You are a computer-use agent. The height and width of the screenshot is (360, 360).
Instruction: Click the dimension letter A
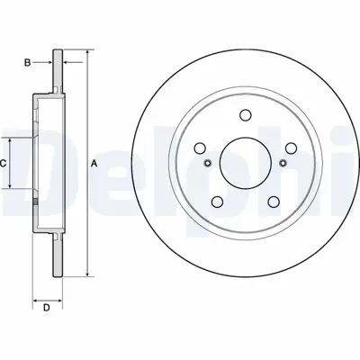click(x=94, y=163)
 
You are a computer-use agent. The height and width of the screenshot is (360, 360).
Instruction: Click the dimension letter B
click(x=27, y=62)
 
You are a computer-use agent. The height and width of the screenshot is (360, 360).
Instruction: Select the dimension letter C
click(x=4, y=163)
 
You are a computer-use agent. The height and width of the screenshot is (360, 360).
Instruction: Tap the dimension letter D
click(x=45, y=309)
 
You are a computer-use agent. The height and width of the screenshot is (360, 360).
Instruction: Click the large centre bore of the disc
click(x=244, y=163)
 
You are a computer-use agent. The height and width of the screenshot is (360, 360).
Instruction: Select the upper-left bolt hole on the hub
click(x=199, y=148)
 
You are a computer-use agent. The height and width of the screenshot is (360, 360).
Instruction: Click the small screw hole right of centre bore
click(x=282, y=163)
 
